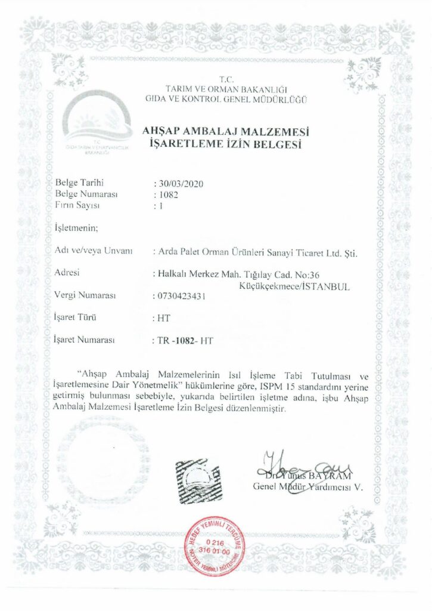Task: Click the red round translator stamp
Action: pos(216,543)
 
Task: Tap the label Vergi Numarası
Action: pos(85,295)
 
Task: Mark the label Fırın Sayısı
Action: pos(77,205)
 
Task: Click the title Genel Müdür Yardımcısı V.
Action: pos(307,486)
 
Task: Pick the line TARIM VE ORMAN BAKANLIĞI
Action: pos(226,90)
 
